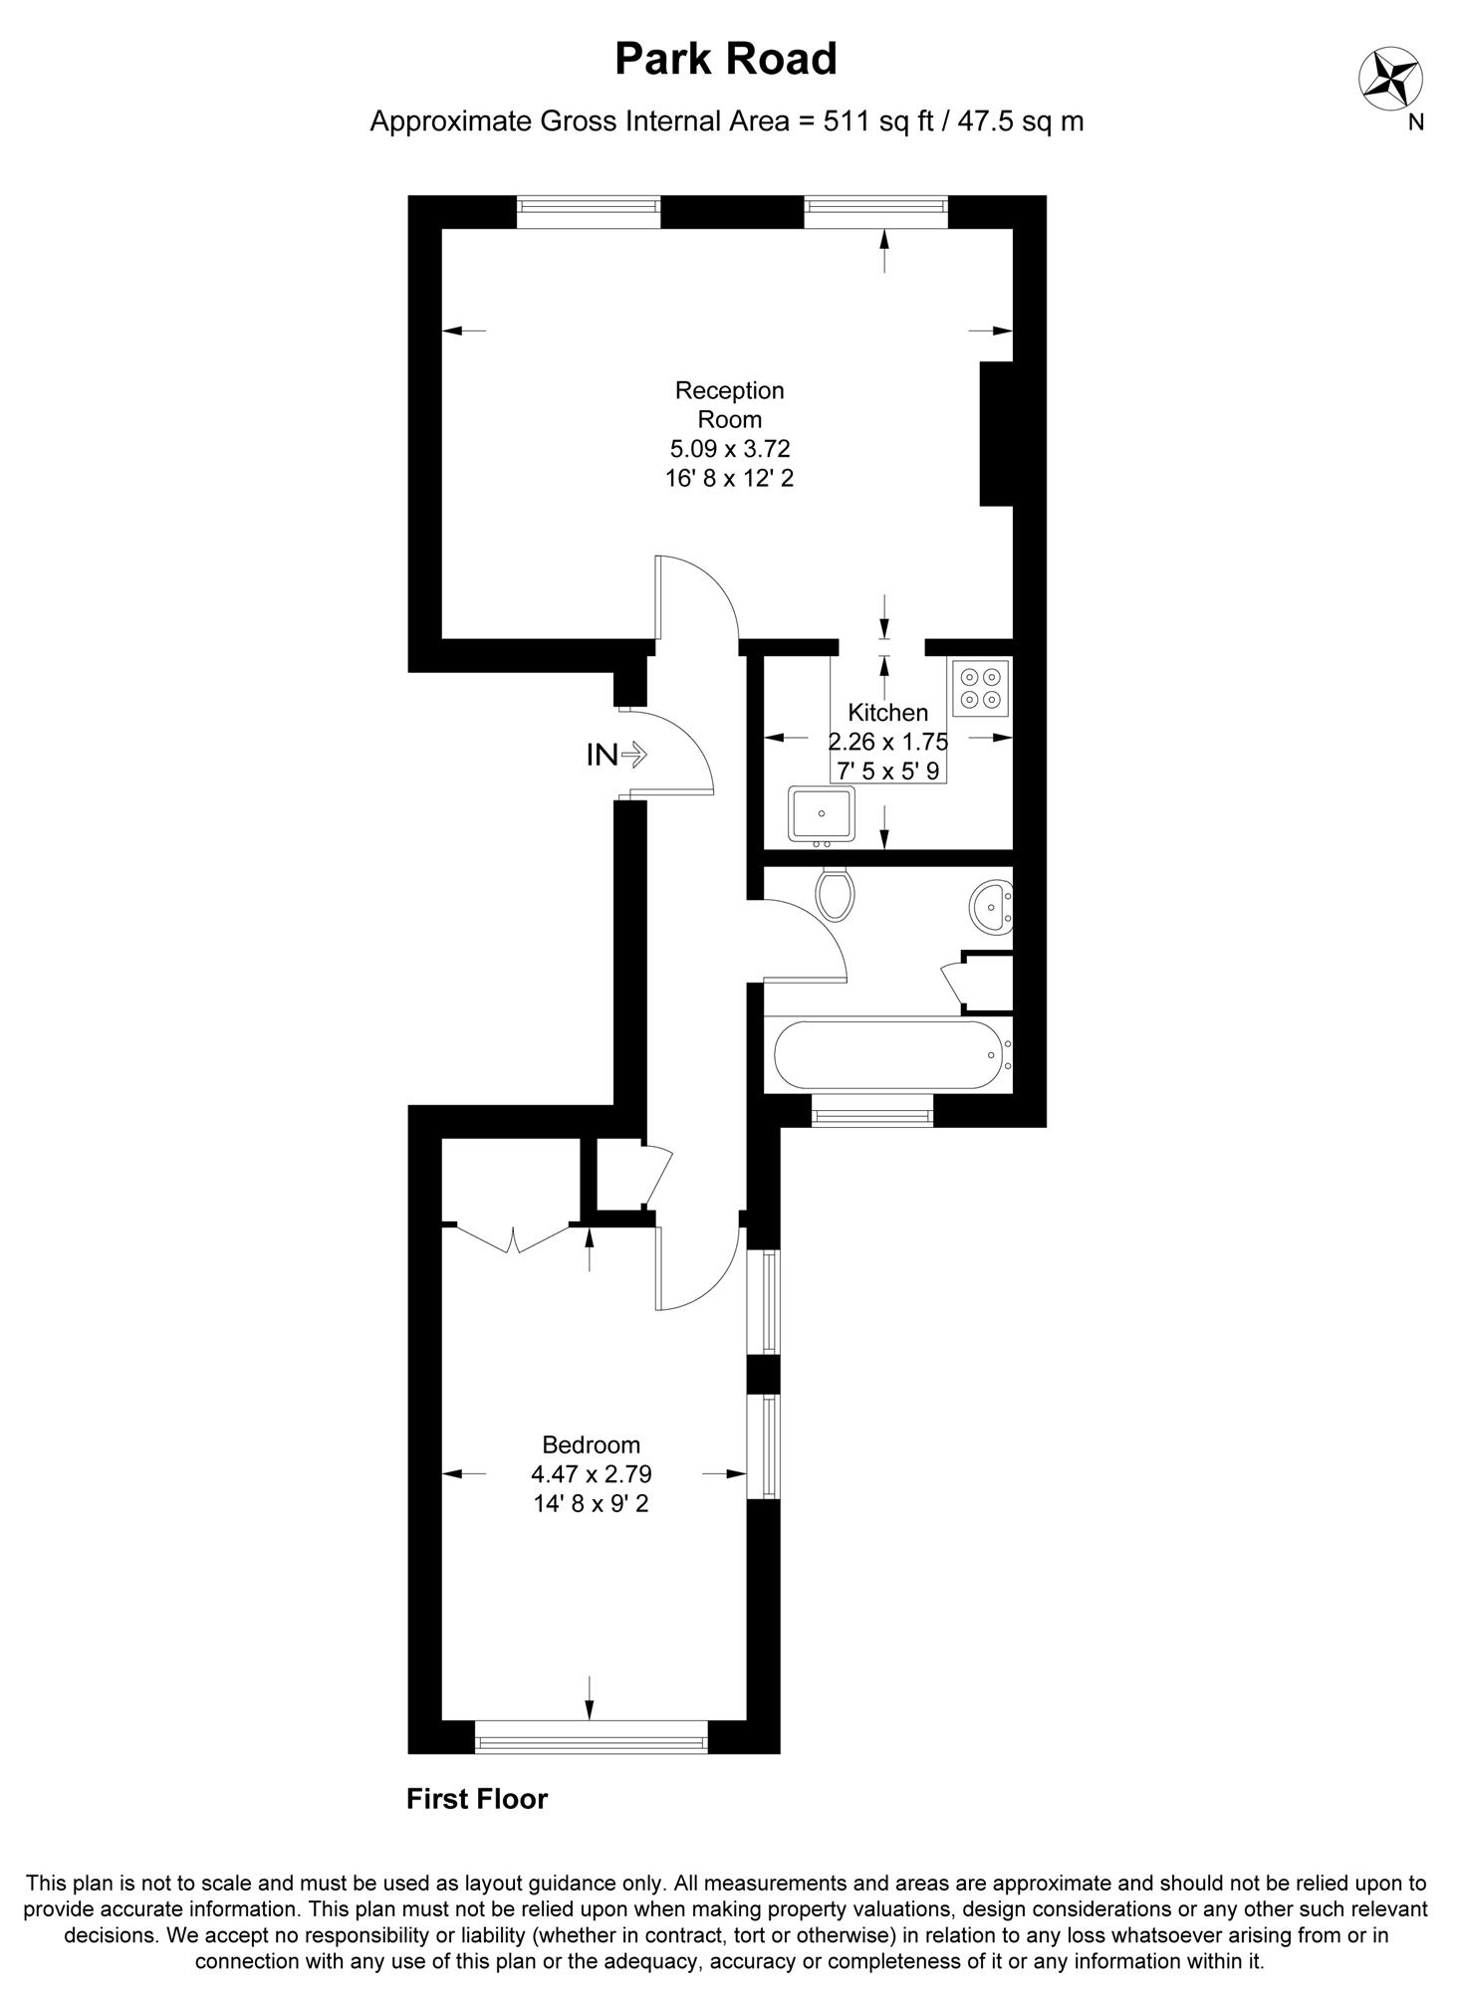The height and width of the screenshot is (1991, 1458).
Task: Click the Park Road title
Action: point(725,59)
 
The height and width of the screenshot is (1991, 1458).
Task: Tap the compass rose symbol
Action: point(1391,79)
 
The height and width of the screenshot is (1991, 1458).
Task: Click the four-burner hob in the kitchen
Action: point(980,688)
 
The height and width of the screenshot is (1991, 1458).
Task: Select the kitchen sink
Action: point(822,815)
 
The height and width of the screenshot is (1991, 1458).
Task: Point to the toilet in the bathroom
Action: point(835,892)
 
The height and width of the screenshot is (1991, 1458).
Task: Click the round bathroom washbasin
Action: point(992,907)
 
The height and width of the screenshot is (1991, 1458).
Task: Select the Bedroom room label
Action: point(591,1444)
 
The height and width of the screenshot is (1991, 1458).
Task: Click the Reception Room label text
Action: point(730,404)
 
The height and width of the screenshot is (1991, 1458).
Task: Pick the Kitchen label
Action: point(888,713)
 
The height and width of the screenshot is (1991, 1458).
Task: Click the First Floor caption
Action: point(477,1799)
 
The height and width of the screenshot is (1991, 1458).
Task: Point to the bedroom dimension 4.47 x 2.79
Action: point(592,1473)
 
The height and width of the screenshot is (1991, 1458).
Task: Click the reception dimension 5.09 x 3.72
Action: point(730,449)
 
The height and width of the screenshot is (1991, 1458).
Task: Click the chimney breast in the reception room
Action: point(997,434)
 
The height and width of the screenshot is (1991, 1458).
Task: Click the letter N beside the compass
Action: point(1415,123)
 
